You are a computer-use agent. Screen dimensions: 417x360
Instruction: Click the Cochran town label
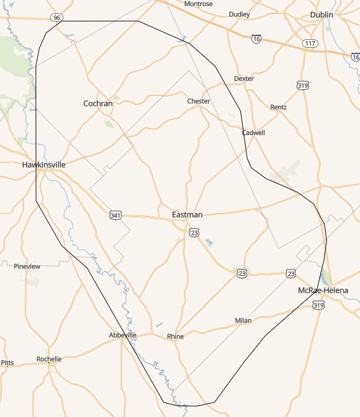click(x=98, y=103)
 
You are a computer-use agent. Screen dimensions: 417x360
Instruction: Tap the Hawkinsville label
click(x=43, y=164)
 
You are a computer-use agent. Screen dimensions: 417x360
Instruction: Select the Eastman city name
click(x=187, y=215)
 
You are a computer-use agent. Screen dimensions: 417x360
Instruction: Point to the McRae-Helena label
click(x=323, y=290)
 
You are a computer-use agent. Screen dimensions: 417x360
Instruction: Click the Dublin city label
click(x=321, y=14)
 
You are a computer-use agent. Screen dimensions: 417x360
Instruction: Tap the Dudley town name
click(x=239, y=14)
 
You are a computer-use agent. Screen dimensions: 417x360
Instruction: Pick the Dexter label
click(x=244, y=78)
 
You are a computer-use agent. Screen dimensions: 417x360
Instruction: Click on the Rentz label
click(x=278, y=107)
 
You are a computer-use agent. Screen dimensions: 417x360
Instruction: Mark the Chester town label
click(x=199, y=101)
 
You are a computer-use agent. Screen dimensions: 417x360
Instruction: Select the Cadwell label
click(x=253, y=133)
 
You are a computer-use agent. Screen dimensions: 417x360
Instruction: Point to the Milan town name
click(x=243, y=320)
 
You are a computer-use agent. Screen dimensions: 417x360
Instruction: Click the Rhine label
click(x=175, y=336)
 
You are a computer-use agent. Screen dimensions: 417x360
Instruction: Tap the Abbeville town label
click(x=123, y=335)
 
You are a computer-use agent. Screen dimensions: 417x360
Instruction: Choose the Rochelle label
click(x=49, y=359)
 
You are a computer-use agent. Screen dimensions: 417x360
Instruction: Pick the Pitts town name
click(x=7, y=363)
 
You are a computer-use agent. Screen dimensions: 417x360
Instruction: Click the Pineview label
click(x=27, y=266)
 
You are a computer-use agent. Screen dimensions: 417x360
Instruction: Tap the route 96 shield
click(x=57, y=18)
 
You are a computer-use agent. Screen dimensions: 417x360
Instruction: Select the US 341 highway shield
click(x=116, y=215)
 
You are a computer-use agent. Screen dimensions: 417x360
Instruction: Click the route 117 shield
click(x=310, y=43)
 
